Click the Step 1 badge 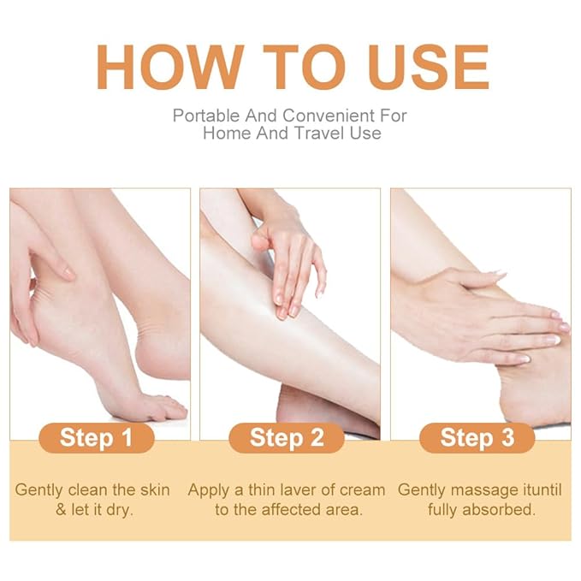tap(96, 437)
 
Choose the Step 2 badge tap(287, 437)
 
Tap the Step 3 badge tap(477, 437)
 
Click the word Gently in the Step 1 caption tap(39, 490)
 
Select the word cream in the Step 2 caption tap(363, 490)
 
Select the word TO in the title tap(290, 66)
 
